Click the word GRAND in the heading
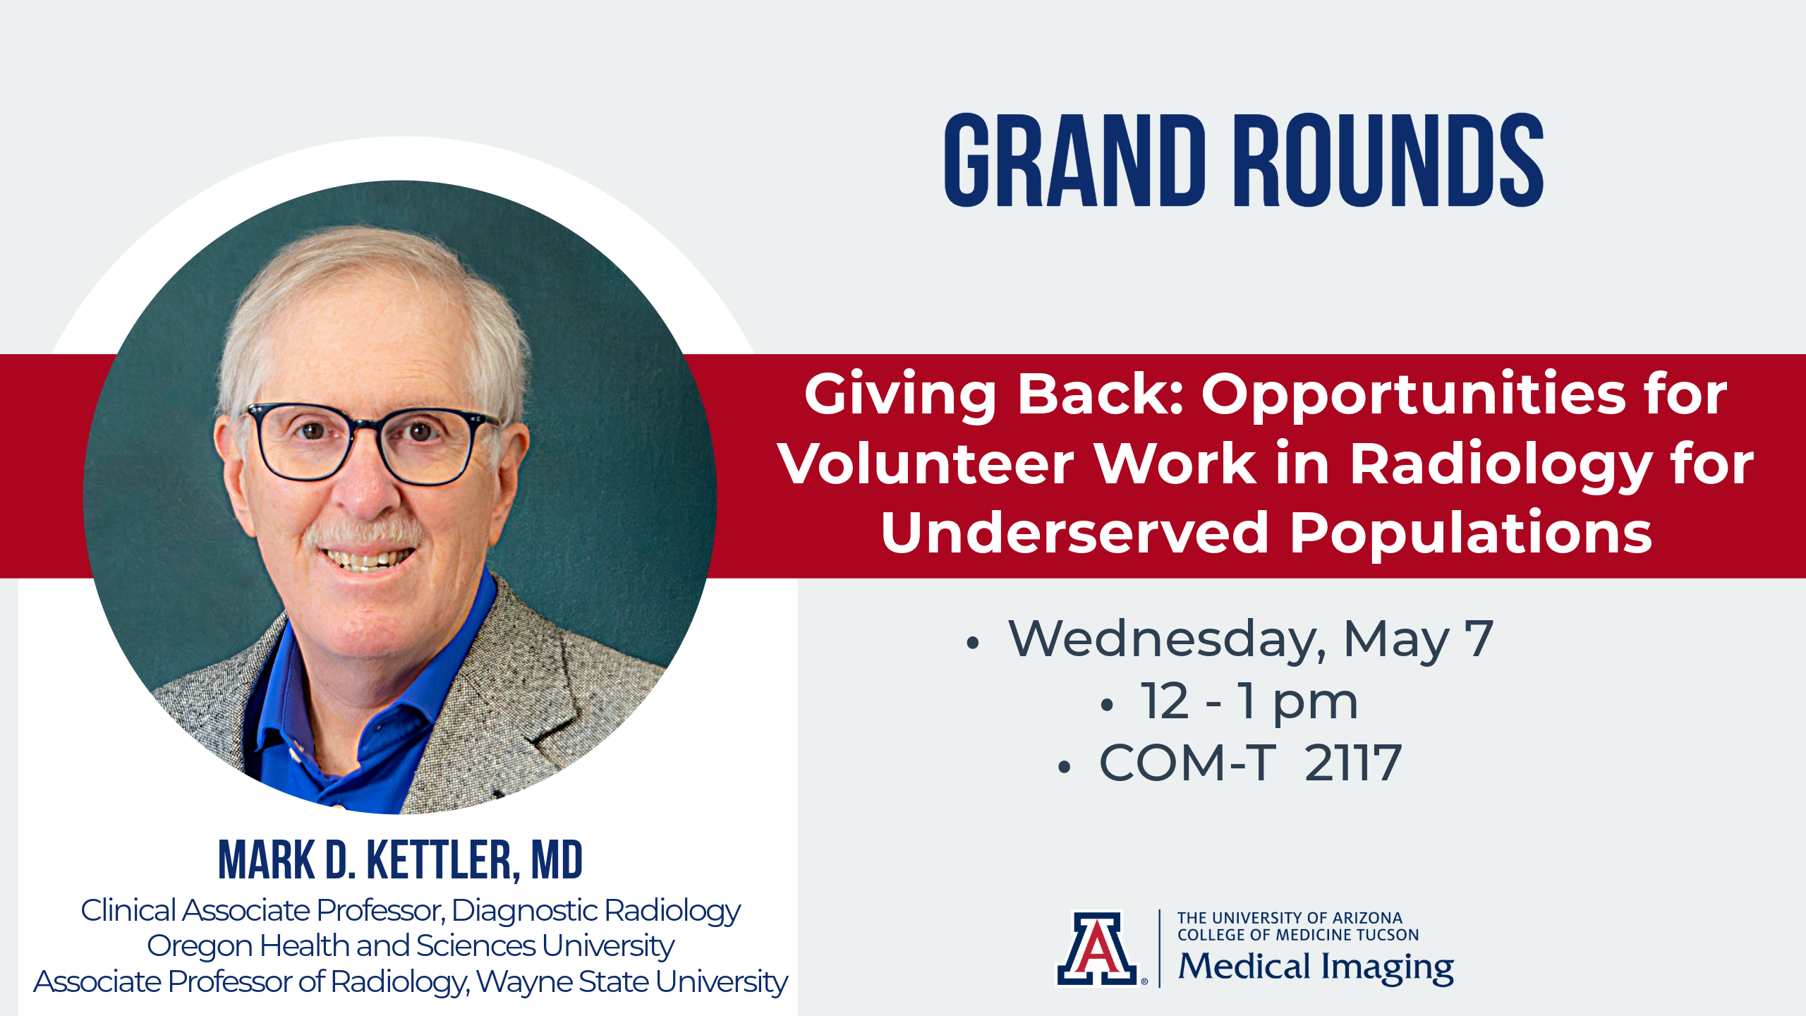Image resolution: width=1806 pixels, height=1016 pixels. [x=1074, y=160]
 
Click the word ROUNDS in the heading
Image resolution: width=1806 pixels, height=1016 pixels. [x=1388, y=160]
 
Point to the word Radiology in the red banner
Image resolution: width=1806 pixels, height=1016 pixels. [x=1501, y=466]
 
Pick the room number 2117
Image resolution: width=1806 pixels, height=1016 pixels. [x=1352, y=763]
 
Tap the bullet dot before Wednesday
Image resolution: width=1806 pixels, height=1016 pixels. [x=974, y=642]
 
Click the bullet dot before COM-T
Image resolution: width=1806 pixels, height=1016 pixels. [x=1065, y=767]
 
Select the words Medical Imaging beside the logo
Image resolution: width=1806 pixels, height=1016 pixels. [x=1316, y=967]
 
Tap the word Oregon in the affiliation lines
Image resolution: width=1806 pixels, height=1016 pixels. [x=199, y=947]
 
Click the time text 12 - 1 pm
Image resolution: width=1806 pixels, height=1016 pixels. [x=1249, y=703]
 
